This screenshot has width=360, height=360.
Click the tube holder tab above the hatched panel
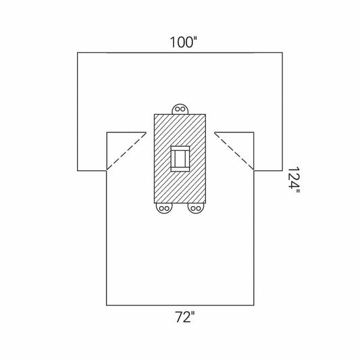click(180, 109)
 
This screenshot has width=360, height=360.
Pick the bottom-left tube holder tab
click(163, 208)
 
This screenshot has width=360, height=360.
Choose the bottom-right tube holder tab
click(195, 208)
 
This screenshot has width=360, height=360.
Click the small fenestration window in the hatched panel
click(180, 159)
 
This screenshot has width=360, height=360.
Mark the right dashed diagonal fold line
click(234, 151)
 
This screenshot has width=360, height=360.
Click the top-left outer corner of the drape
click(78, 52)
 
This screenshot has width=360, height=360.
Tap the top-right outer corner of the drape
click(282, 52)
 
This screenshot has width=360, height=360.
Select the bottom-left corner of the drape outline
click(107, 305)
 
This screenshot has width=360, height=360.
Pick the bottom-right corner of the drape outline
click(253, 305)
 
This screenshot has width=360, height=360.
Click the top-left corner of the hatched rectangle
click(155, 115)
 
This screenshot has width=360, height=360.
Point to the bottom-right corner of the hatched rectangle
click(205, 203)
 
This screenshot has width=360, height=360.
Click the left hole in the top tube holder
click(177, 110)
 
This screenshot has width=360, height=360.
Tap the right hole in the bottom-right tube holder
click(198, 208)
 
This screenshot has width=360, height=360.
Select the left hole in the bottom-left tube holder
click(161, 208)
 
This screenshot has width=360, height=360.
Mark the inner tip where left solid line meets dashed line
click(146, 132)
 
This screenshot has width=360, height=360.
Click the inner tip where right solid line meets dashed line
click(214, 132)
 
